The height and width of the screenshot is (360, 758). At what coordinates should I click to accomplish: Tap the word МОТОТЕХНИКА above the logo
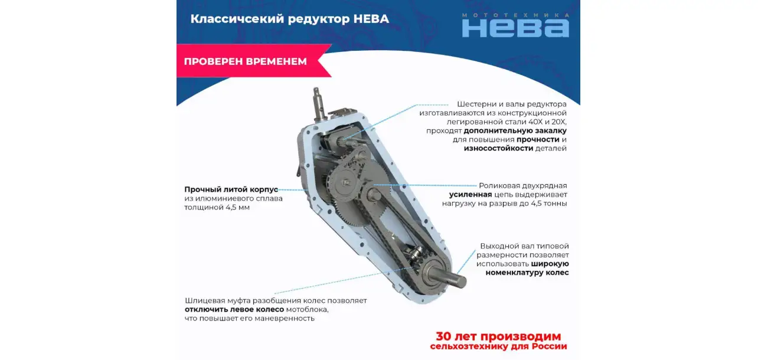515,15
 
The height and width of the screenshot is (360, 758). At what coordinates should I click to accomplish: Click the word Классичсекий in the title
237,19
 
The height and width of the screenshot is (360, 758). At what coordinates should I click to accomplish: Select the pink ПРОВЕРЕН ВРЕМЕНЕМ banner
254,61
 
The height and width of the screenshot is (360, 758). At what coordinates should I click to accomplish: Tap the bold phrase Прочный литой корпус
231,189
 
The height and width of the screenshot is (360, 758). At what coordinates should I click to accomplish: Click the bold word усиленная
471,195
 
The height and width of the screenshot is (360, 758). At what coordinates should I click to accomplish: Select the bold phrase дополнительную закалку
515,131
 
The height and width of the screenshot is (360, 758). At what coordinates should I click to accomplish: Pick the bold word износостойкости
498,148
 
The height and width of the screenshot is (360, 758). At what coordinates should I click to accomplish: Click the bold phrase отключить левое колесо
234,310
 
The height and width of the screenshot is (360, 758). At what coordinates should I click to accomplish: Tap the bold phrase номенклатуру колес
527,273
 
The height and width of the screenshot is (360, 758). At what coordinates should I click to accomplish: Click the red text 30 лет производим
498,336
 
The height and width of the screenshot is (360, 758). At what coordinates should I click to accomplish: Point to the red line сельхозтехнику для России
498,346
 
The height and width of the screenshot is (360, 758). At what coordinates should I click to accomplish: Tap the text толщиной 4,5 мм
217,207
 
